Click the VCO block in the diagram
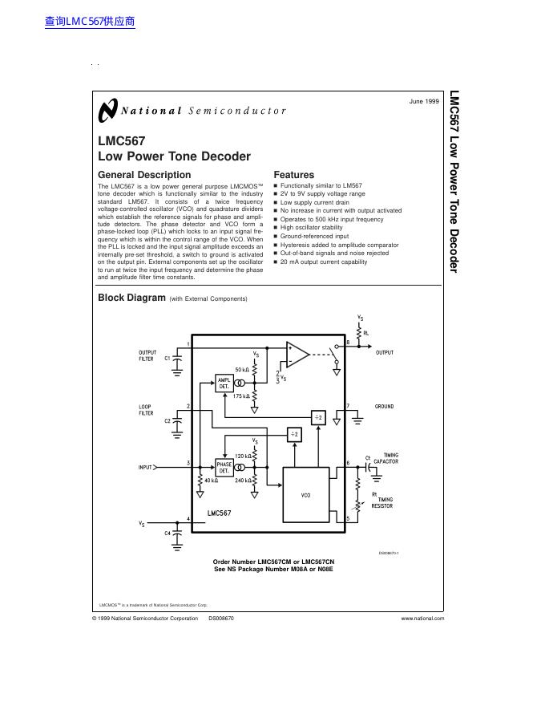305,495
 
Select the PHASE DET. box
224,467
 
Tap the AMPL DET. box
224,383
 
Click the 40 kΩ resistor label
212,481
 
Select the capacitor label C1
168,359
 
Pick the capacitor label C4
168,533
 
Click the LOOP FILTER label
146,410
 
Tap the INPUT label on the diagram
145,466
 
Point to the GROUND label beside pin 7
385,407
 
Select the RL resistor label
366,332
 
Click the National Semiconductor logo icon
107,112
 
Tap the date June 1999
424,102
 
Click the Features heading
294,175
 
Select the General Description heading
144,175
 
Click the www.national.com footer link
422,619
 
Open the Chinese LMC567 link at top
90,22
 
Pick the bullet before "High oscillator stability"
276,227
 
